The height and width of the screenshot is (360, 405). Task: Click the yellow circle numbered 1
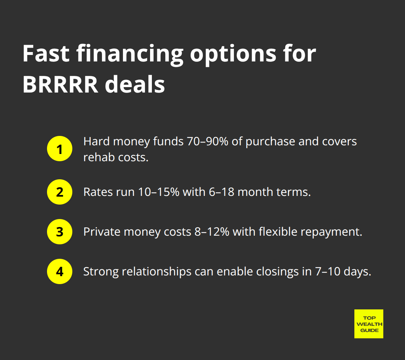pos(60,149)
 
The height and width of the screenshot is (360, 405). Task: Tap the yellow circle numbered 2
pos(60,192)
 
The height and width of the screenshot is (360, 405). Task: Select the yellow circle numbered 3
pos(60,232)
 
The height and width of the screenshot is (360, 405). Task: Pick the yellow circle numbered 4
pos(60,271)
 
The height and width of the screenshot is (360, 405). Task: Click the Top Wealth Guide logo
pos(369,324)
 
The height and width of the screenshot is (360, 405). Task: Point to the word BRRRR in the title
pos(60,85)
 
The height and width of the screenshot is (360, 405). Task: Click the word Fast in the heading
pos(46,54)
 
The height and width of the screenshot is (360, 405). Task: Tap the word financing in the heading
pos(130,55)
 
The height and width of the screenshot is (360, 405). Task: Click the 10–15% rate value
pos(159,192)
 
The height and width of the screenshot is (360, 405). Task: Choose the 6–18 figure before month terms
pos(221,192)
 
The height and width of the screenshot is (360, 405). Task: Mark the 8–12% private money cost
pos(212,232)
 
